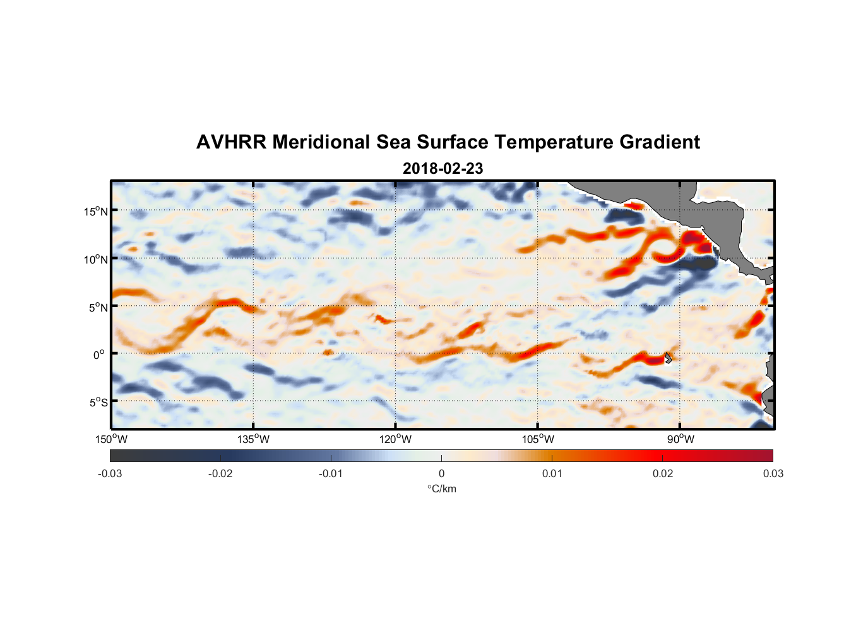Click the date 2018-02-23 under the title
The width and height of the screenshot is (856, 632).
point(443,169)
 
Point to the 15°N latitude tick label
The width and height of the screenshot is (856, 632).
point(96,211)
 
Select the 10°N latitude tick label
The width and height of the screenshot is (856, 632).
point(96,259)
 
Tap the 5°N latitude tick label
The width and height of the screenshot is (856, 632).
point(98,307)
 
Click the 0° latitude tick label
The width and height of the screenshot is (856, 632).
point(99,355)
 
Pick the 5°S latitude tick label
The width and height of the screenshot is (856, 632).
point(98,402)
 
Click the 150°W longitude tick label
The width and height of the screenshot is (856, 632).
point(112,439)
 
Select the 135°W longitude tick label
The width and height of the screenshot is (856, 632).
point(254,439)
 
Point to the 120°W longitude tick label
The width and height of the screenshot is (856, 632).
point(396,439)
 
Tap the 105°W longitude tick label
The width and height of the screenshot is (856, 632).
point(538,439)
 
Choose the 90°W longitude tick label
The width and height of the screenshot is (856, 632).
point(681,439)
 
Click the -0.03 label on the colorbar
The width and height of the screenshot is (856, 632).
point(110,473)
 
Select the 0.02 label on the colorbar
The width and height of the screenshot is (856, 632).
point(662,473)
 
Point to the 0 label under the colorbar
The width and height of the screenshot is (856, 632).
point(441,473)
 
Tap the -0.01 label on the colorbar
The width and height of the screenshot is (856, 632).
point(331,473)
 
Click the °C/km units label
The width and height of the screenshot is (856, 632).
point(441,489)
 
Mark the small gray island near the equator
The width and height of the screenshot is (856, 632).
point(668,358)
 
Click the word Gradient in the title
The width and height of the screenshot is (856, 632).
point(660,142)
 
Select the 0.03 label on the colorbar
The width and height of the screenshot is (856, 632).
point(773,473)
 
